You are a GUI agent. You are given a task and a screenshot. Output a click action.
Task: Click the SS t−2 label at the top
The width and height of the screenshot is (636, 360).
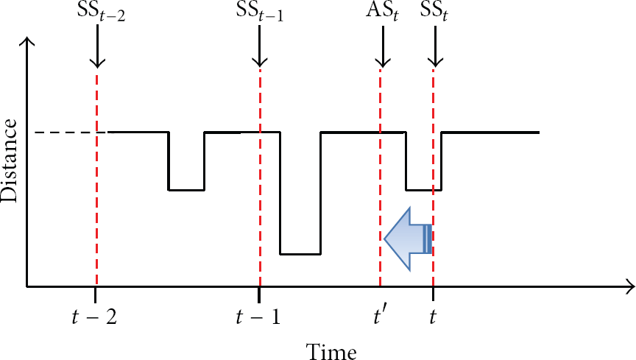pos(101,13)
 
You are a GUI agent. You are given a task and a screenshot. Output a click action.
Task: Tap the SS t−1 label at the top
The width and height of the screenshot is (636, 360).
pos(260,13)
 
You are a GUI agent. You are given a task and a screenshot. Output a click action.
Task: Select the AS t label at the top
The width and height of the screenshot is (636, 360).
pos(382,13)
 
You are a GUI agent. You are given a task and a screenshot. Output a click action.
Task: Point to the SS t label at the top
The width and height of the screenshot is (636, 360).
pos(434,13)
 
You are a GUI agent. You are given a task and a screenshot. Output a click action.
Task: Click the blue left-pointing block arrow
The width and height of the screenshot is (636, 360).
pos(408,239)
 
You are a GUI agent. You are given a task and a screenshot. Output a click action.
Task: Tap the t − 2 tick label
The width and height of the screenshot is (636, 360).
pos(94,317)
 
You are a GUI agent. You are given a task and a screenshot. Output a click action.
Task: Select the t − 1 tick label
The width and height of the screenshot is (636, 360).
pos(258,317)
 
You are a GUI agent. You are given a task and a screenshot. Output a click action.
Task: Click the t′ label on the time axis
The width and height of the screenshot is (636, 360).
pos(379,317)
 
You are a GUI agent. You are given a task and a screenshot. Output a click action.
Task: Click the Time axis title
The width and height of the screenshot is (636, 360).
pos(331,351)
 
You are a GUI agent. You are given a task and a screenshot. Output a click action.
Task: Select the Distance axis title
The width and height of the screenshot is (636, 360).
pos(9,160)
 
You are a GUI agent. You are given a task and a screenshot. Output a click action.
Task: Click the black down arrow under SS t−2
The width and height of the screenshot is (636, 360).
pos(97,46)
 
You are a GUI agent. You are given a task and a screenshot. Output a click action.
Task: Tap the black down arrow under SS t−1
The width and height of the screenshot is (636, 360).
pos(260,46)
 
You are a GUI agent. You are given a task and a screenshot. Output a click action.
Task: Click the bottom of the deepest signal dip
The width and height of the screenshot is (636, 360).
pos(300,254)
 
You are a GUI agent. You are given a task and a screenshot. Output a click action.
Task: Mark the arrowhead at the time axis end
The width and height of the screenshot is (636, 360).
pos(631,286)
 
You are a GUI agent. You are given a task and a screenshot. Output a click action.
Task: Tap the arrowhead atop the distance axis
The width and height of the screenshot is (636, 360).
pos(26,40)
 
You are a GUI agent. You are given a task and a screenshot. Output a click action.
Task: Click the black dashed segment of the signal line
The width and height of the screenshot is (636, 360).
pos(71,133)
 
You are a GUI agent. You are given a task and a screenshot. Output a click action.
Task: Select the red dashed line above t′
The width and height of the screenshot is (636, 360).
pos(380,177)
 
